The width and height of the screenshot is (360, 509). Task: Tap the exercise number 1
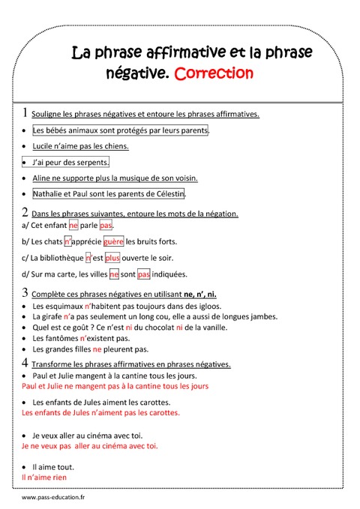click(x=25, y=113)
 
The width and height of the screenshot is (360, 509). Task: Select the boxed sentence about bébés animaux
click(x=110, y=130)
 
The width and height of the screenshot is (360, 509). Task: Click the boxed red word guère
click(x=113, y=241)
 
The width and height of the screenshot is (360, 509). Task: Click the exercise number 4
click(x=25, y=363)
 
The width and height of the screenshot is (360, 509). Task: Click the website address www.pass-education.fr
click(x=53, y=497)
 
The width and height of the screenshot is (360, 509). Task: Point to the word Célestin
click(x=166, y=193)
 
